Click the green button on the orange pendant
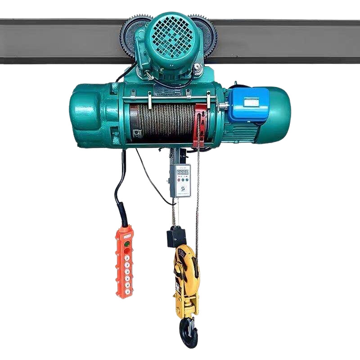point(127,245)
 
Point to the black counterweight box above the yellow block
point(176,237)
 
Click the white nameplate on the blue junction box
point(251,103)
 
